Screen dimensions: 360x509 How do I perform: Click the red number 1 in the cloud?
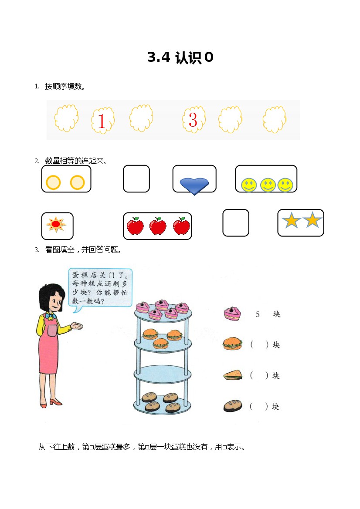(102, 121)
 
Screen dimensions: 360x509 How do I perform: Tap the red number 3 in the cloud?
(193, 120)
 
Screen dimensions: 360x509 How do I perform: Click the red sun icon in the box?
(56, 224)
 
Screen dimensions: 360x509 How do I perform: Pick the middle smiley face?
(268, 185)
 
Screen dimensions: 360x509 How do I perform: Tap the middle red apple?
(158, 226)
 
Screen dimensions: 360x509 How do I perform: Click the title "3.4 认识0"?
(180, 57)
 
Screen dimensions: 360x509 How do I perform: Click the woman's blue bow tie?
(50, 316)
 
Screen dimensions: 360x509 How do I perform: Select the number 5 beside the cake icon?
(258, 314)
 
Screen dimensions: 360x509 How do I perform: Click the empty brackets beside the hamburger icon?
(259, 344)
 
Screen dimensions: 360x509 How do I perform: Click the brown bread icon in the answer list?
(233, 406)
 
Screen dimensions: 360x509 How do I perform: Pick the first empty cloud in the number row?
(66, 118)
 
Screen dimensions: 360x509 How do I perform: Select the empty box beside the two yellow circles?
(136, 179)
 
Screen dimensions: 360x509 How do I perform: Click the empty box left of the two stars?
(236, 222)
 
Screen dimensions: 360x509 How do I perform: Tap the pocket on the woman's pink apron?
(52, 330)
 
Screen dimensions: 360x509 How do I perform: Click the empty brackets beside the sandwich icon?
(259, 375)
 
